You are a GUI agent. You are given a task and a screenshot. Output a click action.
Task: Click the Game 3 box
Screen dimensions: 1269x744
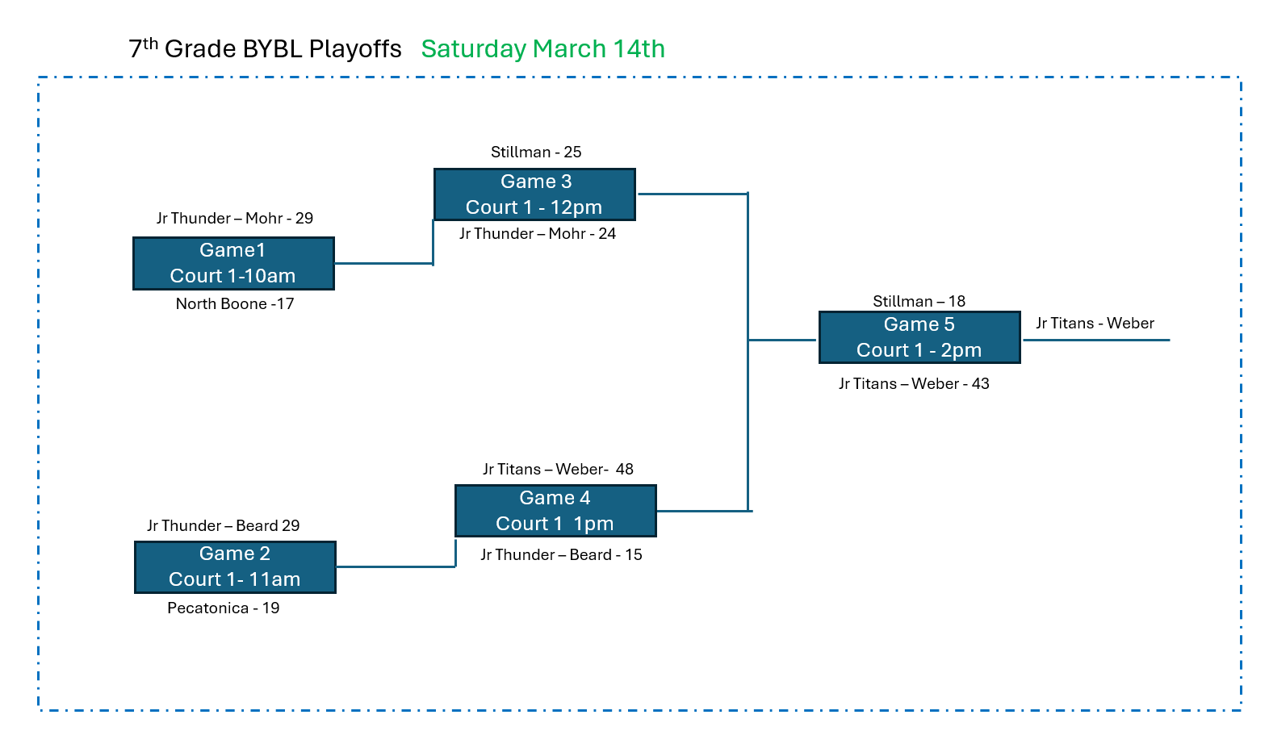coord(534,194)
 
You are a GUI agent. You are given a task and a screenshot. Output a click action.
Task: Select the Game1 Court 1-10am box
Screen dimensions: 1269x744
coord(233,263)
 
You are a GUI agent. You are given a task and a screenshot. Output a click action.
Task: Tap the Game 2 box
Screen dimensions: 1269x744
coord(235,566)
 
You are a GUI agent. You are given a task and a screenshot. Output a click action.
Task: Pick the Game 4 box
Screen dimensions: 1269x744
coord(555,511)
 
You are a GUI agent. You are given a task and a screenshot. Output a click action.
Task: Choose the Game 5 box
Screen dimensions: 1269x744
coord(919,337)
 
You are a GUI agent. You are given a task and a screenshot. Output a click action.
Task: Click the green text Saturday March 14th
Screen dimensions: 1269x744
coord(542,49)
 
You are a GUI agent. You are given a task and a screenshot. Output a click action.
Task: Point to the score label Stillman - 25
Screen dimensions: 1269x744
coord(536,152)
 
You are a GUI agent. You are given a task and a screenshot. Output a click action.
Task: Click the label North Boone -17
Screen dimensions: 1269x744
coord(235,304)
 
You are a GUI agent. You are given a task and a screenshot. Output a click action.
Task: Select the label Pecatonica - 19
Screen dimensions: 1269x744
coord(224,608)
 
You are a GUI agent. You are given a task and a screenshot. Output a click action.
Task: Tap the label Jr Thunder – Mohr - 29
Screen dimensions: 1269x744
coord(235,219)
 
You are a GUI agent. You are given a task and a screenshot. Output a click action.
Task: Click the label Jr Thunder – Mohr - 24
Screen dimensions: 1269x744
coord(538,234)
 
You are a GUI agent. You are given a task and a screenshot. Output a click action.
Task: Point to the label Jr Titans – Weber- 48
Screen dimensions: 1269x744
coord(558,470)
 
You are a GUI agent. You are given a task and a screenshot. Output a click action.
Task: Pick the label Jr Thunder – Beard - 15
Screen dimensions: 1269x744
coord(561,555)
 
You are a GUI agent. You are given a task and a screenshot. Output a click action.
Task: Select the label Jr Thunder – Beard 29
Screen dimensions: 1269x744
coord(224,526)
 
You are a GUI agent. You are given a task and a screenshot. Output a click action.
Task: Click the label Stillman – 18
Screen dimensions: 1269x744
coord(919,302)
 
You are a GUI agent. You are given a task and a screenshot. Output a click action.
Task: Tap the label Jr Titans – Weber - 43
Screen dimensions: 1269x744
coord(914,384)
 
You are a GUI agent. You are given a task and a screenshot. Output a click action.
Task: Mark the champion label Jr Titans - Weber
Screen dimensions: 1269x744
coord(1095,324)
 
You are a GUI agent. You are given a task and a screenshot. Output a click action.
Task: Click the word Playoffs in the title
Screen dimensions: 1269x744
coord(355,49)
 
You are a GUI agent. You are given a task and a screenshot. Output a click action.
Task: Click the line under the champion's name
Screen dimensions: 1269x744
coord(1096,340)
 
